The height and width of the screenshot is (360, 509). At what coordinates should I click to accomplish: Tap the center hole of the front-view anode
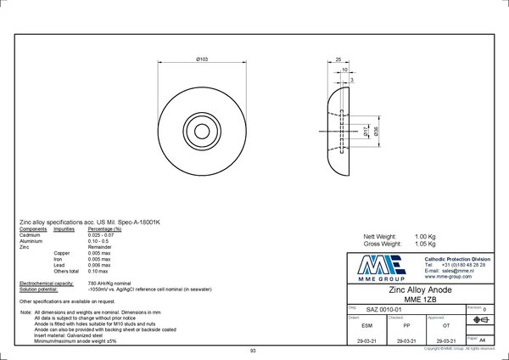tap(204, 130)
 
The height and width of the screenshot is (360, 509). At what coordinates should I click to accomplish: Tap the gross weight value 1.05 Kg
tap(425, 243)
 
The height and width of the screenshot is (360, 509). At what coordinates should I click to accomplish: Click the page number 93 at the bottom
tap(253, 351)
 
